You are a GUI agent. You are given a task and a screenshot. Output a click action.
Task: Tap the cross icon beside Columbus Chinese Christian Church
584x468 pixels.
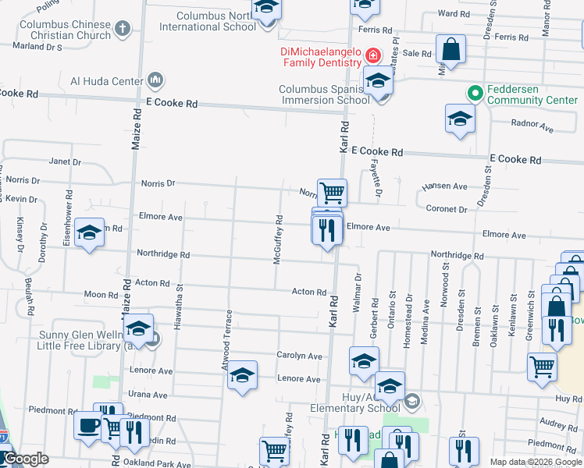pyautogui.click(x=122, y=30)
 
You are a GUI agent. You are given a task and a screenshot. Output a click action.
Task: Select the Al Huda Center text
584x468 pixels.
pyautogui.click(x=106, y=80)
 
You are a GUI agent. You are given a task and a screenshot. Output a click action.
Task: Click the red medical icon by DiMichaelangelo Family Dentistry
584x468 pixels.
pyautogui.click(x=373, y=56)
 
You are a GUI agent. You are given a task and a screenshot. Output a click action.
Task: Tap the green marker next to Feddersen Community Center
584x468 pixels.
pyautogui.click(x=473, y=93)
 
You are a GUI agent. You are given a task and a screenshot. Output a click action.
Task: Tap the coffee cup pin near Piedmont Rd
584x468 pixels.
pyautogui.click(x=87, y=426)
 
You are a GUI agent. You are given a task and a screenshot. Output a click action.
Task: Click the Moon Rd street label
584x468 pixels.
pyautogui.click(x=100, y=295)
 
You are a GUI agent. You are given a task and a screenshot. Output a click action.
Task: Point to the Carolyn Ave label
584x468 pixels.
pyautogui.click(x=299, y=356)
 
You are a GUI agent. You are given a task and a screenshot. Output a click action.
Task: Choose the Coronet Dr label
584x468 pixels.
pyautogui.click(x=447, y=209)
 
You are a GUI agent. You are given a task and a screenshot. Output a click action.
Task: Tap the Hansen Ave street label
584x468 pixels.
pyautogui.click(x=444, y=186)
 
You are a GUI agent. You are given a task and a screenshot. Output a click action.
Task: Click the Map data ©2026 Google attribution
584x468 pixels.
pyautogui.click(x=535, y=462)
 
